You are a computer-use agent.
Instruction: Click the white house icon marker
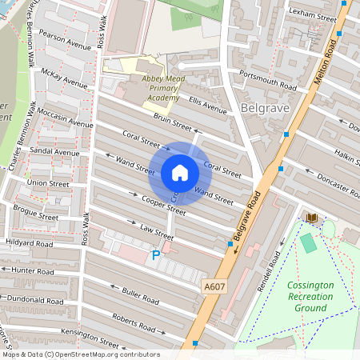pos(180,173)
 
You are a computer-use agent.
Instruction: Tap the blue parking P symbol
pos(156,256)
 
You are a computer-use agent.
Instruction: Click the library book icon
pos(311,218)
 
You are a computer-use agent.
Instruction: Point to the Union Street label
pos(49,183)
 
